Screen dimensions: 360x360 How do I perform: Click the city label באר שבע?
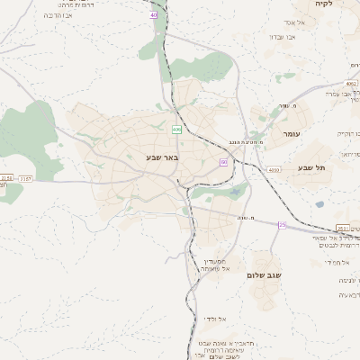[x=163, y=157]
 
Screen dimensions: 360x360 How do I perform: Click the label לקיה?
[x=324, y=4]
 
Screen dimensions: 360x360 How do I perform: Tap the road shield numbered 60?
[x=223, y=162]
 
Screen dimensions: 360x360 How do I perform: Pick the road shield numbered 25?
[x=283, y=225]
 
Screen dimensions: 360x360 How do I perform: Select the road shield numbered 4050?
[x=274, y=169]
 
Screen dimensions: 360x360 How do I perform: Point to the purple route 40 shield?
[x=154, y=15]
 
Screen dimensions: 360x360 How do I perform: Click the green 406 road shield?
[x=176, y=130]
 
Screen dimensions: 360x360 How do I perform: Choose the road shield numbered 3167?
[x=25, y=179]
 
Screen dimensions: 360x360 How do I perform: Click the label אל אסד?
[x=296, y=22]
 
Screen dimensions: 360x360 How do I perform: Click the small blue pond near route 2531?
[x=320, y=204]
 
